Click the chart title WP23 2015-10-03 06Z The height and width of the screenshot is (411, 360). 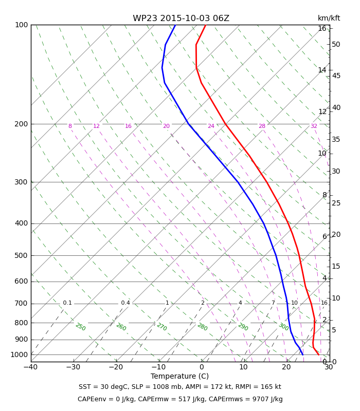tap(181, 18)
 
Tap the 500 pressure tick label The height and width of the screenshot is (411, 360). tap(21, 255)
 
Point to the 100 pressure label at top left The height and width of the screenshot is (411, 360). tap(21, 25)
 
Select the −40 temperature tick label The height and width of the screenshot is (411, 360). tap(31, 367)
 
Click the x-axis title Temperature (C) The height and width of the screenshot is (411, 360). tap(179, 377)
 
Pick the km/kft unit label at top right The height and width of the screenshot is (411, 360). tap(329, 18)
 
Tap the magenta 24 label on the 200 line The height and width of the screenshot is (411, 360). tap(211, 126)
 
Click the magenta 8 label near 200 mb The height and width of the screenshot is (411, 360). tap(70, 126)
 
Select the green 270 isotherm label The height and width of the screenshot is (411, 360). tap(162, 327)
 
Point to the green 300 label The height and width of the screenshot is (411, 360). tap(284, 327)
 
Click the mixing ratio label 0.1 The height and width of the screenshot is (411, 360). tap(67, 303)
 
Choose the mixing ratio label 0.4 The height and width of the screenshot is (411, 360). tap(125, 303)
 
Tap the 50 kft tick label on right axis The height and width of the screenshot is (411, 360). tap(336, 45)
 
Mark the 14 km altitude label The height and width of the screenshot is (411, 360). tap(322, 70)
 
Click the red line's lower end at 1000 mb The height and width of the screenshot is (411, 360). tap(319, 355)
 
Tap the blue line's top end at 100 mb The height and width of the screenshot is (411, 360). tap(175, 25)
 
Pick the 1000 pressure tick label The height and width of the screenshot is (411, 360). tap(19, 355)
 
